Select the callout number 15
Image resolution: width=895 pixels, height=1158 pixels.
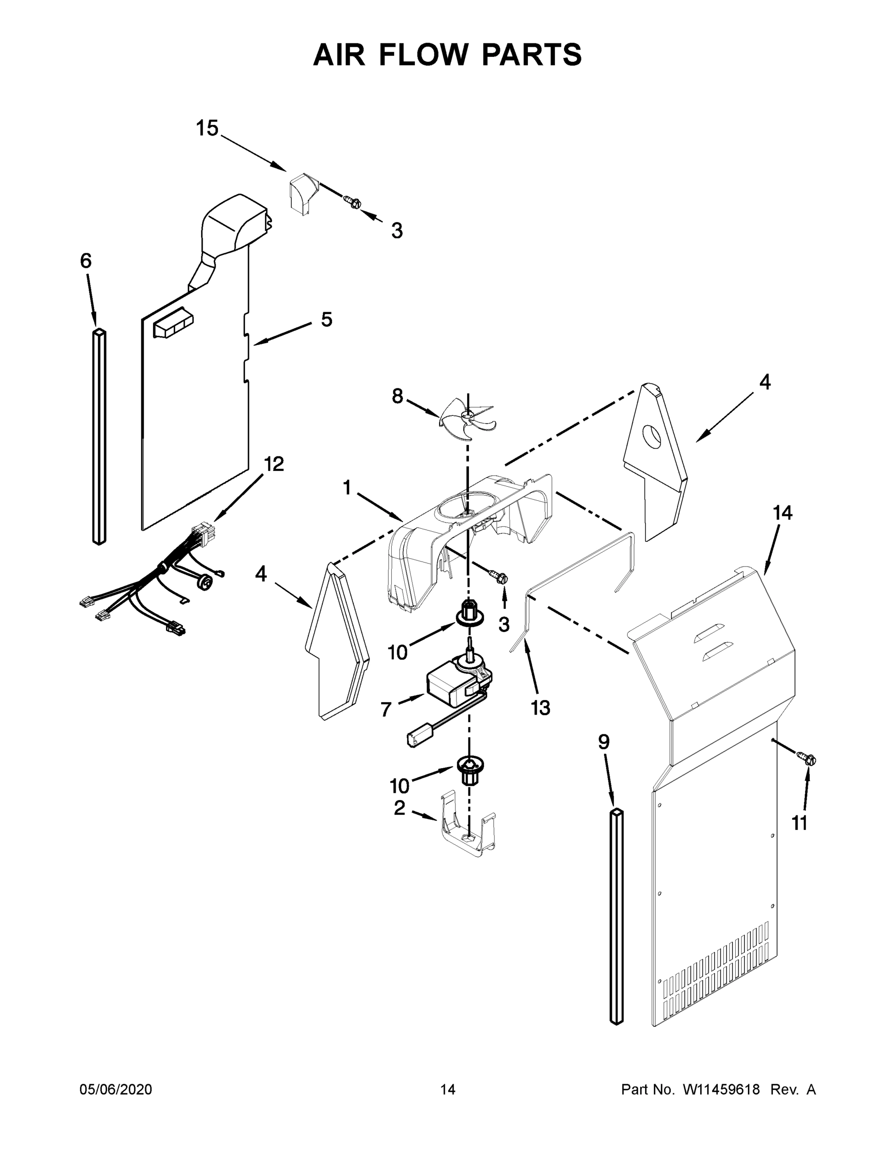pos(207,128)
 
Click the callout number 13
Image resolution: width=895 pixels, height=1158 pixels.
pos(540,707)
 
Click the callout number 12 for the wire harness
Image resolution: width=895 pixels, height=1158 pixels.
pos(274,464)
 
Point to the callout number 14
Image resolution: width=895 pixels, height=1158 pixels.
pos(782,513)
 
